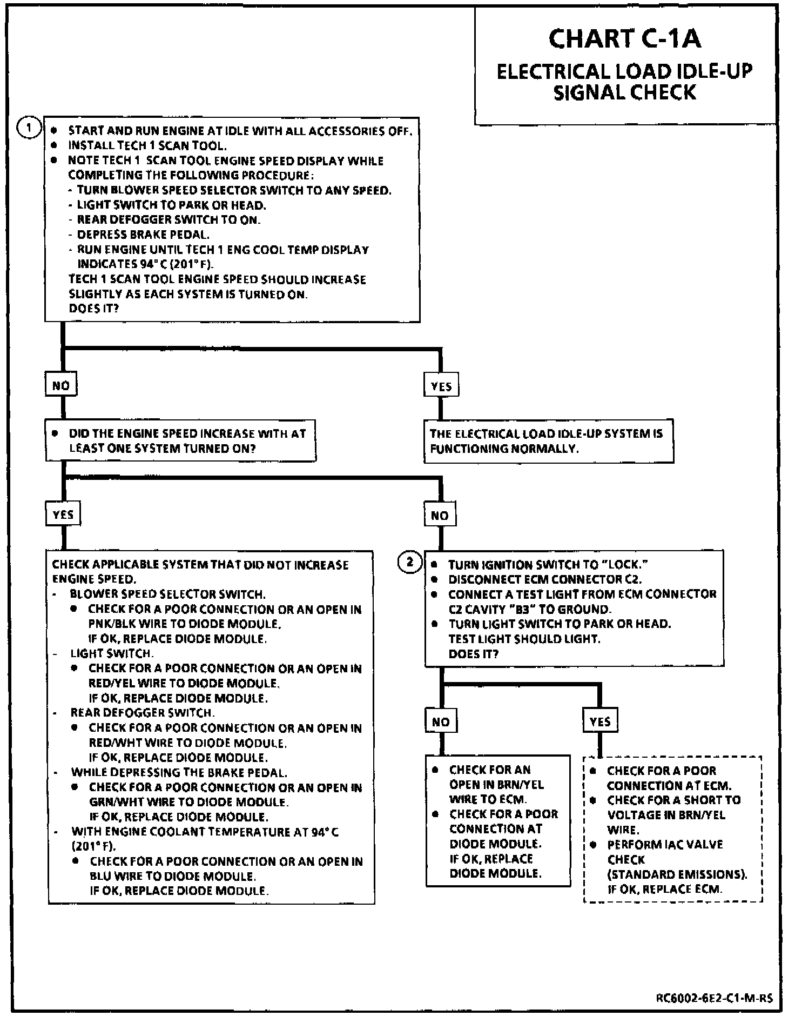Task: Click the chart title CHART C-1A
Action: [x=624, y=39]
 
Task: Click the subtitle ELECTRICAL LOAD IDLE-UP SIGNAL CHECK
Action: [x=624, y=82]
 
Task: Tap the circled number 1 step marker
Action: [x=29, y=129]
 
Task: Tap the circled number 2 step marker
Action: [x=410, y=562]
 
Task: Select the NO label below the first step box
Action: [x=61, y=385]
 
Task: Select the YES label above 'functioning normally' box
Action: [x=441, y=386]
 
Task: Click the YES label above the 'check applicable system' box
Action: [x=63, y=514]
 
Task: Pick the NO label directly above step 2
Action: [x=440, y=516]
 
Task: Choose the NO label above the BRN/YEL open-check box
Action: [x=441, y=721]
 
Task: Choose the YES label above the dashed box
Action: [x=600, y=721]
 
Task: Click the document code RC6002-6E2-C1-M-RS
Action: [x=714, y=998]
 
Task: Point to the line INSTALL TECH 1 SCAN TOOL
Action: [x=147, y=145]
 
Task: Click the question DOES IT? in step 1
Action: [x=94, y=309]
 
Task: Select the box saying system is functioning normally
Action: [x=548, y=441]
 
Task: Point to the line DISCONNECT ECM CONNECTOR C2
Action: [x=545, y=579]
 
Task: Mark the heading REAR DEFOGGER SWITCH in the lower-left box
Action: [x=143, y=713]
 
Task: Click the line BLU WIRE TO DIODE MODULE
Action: [x=173, y=876]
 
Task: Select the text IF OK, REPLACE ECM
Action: [x=664, y=889]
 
